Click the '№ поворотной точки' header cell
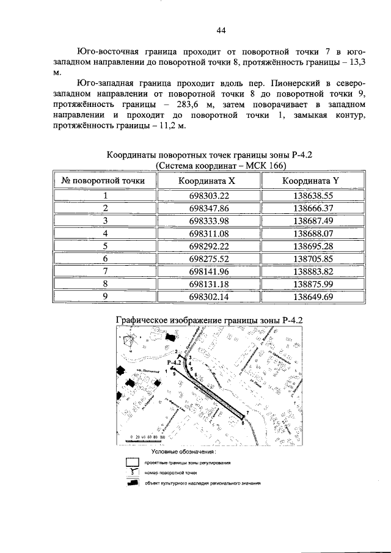(104, 181)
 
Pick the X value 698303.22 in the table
(209, 196)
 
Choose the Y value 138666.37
(312, 208)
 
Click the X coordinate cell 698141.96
(209, 271)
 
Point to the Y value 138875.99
(312, 284)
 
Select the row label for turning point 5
(105, 246)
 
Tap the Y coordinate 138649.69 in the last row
(312, 297)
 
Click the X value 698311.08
(209, 233)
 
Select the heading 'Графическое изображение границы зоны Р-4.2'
(210, 320)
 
